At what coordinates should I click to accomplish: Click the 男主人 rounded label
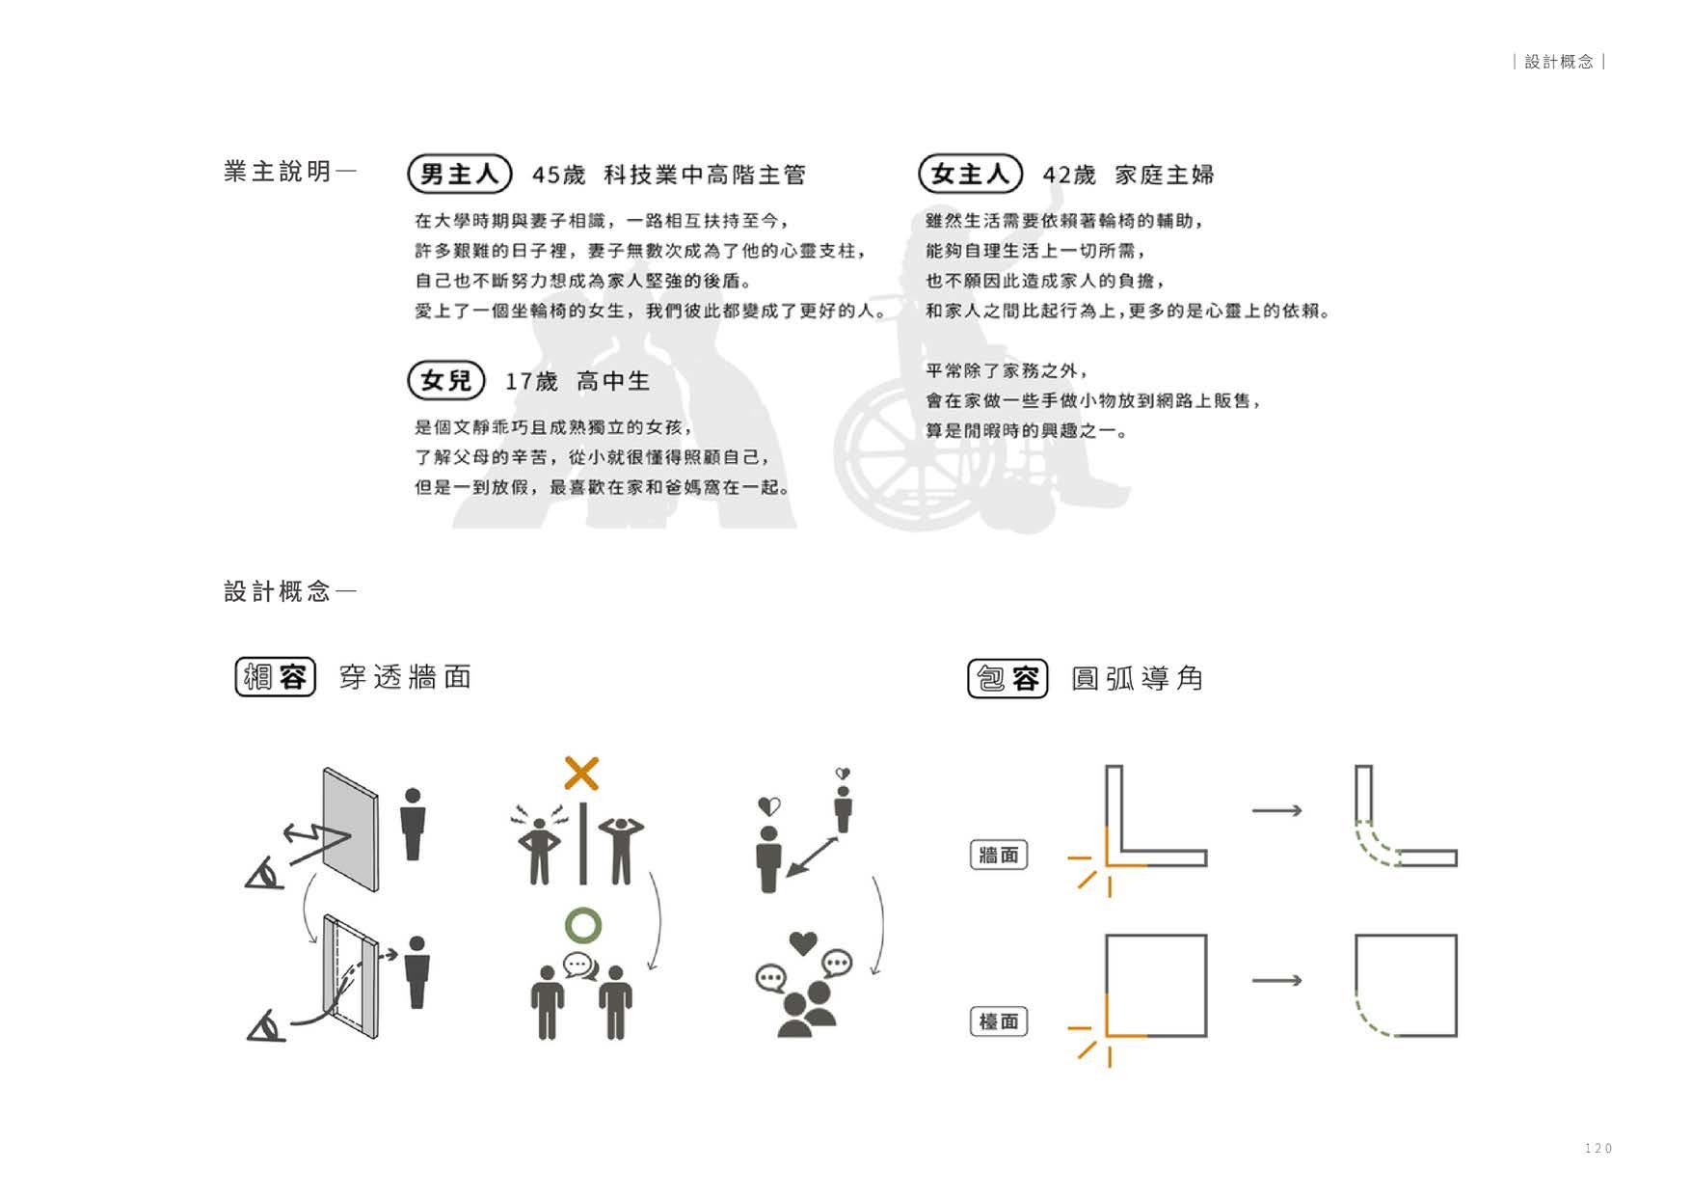[459, 175]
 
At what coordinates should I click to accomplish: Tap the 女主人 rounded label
[970, 175]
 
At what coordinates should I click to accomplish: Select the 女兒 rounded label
[446, 381]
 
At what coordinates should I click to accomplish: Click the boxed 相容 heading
[276, 677]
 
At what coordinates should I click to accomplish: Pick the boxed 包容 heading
[1007, 678]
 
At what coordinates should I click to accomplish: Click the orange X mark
[581, 774]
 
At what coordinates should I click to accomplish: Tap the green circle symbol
[583, 925]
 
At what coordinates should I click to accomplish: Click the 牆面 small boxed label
[998, 855]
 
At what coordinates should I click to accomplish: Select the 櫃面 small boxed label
[998, 1021]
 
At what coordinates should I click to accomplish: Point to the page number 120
[1598, 1148]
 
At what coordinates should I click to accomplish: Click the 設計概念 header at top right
[1559, 62]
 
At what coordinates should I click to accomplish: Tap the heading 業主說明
[279, 172]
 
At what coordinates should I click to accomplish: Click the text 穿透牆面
[405, 677]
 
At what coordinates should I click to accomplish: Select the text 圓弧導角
[1138, 679]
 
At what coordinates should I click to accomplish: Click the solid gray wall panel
[351, 830]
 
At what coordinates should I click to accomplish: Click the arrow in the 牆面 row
[1277, 810]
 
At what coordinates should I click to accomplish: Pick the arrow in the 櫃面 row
[1277, 981]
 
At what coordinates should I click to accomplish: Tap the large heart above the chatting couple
[803, 942]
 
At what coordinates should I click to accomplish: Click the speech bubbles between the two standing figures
[579, 965]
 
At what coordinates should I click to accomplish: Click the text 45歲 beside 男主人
[559, 176]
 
